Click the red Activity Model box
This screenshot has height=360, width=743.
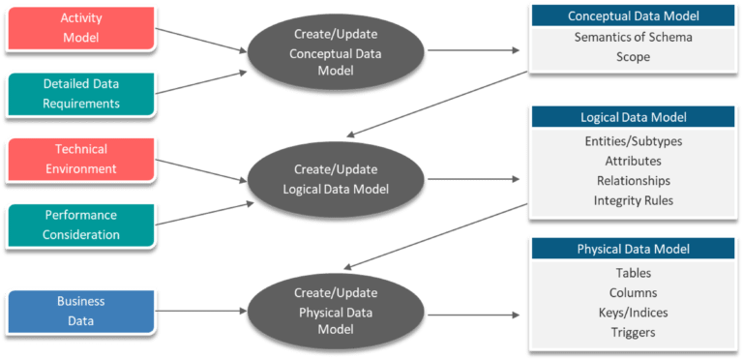click(x=81, y=27)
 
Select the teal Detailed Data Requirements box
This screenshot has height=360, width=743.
click(x=81, y=94)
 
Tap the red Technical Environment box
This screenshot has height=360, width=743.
click(x=81, y=160)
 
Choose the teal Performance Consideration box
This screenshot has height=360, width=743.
click(x=81, y=225)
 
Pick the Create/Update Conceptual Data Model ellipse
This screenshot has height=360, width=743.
click(x=323, y=44)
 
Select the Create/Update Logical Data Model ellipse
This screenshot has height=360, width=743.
click(x=323, y=179)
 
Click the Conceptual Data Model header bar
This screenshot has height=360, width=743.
click(x=634, y=15)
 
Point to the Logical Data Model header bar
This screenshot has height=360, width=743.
click(x=634, y=117)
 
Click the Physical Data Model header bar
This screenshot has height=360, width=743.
click(x=634, y=249)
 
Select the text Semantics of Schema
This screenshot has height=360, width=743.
click(x=635, y=37)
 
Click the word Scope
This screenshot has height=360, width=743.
click(x=635, y=57)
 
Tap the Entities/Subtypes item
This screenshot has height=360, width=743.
click(x=635, y=141)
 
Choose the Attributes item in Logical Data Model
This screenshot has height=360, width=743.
click(x=635, y=161)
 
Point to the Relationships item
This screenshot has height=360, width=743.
click(x=635, y=181)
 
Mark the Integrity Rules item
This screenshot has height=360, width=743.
click(x=635, y=201)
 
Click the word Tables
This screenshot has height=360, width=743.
click(x=635, y=273)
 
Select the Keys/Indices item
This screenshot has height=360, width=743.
click(x=635, y=313)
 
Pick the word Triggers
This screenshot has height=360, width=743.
click(x=635, y=332)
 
